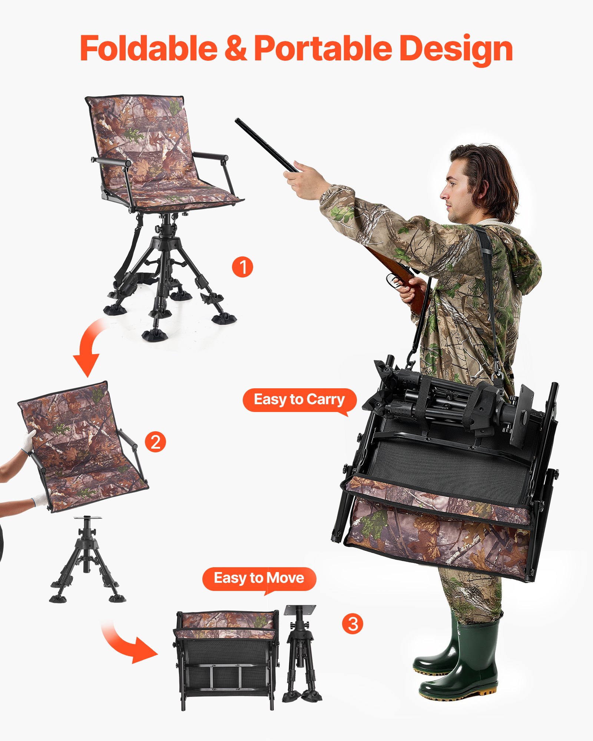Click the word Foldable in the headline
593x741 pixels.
[148, 48]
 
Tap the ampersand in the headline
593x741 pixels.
[236, 48]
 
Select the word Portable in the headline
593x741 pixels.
[322, 48]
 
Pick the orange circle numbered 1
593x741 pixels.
[242, 267]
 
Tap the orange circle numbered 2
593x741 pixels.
[155, 442]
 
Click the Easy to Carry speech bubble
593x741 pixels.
[299, 400]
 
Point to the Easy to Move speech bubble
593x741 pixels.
[259, 578]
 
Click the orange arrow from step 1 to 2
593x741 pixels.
[89, 348]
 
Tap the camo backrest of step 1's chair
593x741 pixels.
[141, 133]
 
